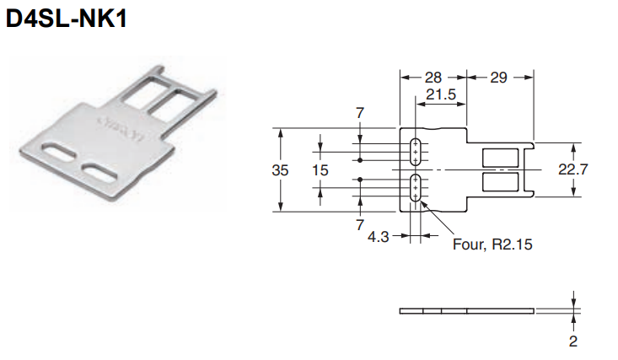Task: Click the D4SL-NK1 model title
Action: (67, 19)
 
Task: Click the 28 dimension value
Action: (433, 78)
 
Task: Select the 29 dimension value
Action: (498, 78)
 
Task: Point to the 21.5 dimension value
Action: (441, 94)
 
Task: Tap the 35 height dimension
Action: (280, 170)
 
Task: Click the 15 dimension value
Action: (320, 170)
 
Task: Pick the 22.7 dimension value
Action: (573, 169)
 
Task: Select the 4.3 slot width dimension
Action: (378, 237)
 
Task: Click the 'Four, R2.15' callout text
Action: (492, 244)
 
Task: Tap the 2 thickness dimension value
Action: (573, 341)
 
